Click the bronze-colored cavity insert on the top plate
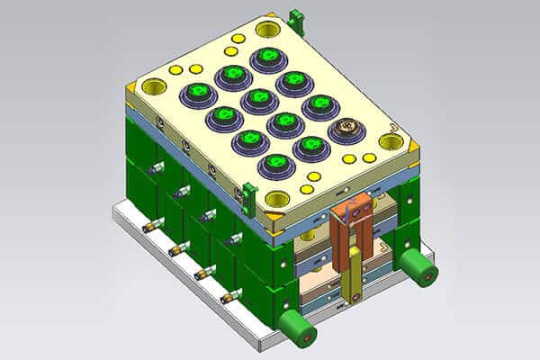pyautogui.click(x=346, y=131)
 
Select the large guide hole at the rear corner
pyautogui.click(x=268, y=29)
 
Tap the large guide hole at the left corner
pyautogui.click(x=154, y=87)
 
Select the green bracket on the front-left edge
pyautogui.click(x=249, y=193)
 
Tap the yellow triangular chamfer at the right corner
pyautogui.click(x=413, y=144)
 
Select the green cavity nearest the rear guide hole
pyautogui.click(x=268, y=58)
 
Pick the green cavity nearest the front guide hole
pyautogui.click(x=275, y=164)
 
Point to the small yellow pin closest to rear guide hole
pyautogui.click(x=238, y=39)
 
